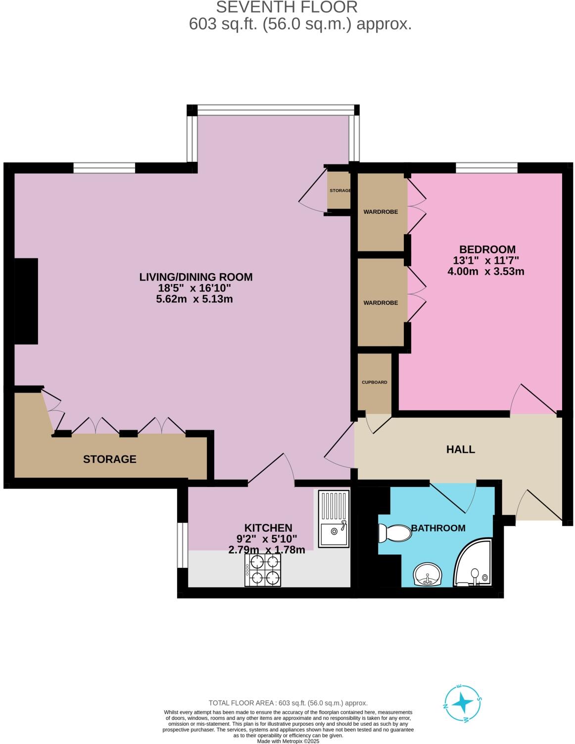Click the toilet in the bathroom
(395, 533)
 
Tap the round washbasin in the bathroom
(427, 575)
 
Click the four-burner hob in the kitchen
(263, 570)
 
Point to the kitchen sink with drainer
(333, 518)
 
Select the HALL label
(461, 449)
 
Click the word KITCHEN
(268, 528)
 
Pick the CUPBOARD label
(375, 382)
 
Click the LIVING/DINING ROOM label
(196, 277)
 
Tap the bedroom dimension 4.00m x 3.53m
(485, 271)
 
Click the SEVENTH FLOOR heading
(287, 7)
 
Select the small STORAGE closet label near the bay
(340, 191)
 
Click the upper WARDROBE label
(381, 212)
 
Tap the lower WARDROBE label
(381, 302)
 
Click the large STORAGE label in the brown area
(110, 459)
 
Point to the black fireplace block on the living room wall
(26, 301)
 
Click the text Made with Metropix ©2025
(288, 741)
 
